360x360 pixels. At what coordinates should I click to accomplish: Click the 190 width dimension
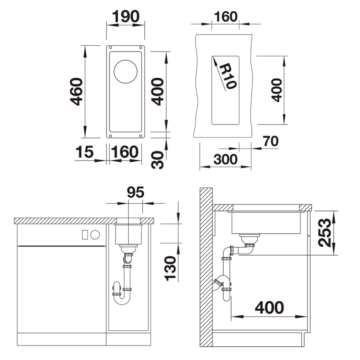[x=126, y=17]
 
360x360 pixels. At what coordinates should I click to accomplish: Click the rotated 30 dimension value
[x=157, y=160]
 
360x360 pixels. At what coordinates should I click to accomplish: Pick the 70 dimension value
[x=270, y=141]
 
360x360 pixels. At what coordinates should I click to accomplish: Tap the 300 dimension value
[x=225, y=159]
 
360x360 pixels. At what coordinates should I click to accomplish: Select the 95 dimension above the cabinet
[x=136, y=192]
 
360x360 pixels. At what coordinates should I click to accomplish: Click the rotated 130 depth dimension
[x=170, y=268]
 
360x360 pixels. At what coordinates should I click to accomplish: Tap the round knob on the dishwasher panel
[x=95, y=234]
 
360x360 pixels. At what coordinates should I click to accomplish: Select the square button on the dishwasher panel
[x=86, y=234]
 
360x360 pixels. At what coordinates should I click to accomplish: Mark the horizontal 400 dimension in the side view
[x=269, y=308]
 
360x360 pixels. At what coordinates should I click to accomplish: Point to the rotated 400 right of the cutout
[x=277, y=90]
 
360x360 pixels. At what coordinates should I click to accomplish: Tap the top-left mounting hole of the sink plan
[x=110, y=48]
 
